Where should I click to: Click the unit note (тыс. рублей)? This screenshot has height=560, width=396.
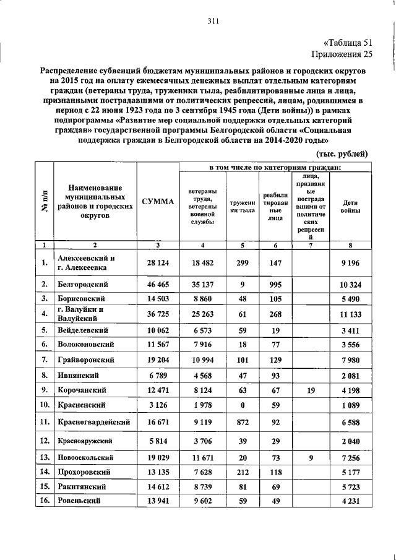point(342,153)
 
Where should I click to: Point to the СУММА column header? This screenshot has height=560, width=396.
point(158,202)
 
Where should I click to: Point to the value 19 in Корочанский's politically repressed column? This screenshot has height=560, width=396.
point(311,390)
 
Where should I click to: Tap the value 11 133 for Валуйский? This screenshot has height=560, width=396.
point(350,314)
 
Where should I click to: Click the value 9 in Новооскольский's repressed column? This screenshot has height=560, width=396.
point(311,459)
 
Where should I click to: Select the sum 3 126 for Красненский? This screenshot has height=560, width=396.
point(158,405)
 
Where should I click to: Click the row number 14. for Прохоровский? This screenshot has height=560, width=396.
point(45,473)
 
